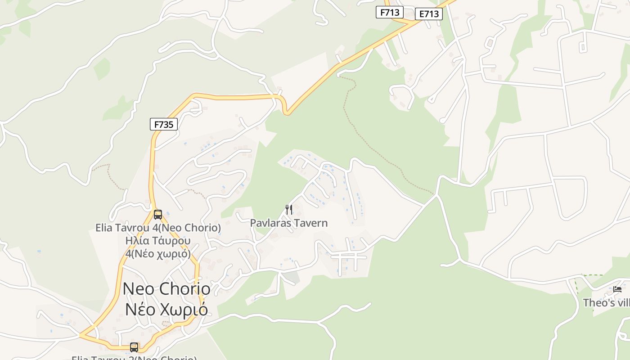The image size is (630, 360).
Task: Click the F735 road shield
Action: (164, 124)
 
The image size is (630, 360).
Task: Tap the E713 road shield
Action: (428, 14)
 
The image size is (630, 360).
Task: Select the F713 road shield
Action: (389, 12)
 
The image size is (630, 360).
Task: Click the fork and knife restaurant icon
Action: (289, 209)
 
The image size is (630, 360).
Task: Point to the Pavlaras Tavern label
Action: (289, 223)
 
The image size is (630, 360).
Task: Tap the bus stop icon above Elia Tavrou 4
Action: (157, 214)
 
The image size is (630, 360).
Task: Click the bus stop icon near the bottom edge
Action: (134, 347)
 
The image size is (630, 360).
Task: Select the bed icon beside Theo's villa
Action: (617, 289)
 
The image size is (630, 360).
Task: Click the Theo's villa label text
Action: (606, 303)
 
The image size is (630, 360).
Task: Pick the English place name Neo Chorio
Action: (166, 289)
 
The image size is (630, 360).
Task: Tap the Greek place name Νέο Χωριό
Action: (166, 310)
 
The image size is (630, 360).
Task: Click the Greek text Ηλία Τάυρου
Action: (158, 241)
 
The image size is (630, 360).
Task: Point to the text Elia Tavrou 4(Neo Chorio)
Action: (158, 228)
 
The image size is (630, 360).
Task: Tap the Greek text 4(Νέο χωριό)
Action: (158, 253)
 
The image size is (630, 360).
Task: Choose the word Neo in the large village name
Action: (138, 289)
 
